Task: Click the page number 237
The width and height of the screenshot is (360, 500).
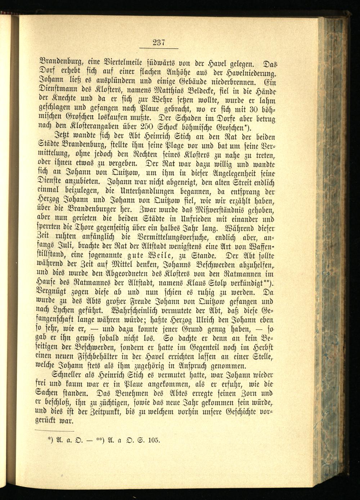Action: [x=158, y=43]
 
